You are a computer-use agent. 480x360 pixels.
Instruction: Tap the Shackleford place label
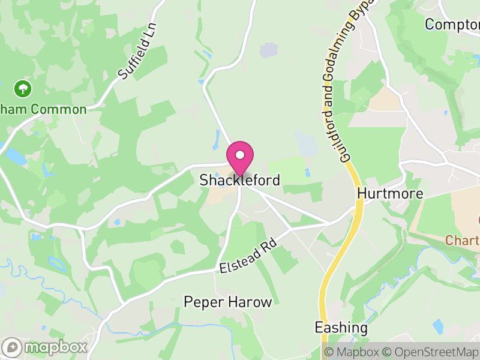[239, 180]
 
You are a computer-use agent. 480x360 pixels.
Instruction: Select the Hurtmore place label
[390, 194]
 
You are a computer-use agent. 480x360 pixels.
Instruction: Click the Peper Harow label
[228, 302]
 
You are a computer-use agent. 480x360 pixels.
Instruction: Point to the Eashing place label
[341, 328]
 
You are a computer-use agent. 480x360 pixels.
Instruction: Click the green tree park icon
[23, 89]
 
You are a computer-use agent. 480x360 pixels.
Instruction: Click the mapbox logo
[45, 347]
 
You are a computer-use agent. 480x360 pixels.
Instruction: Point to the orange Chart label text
[463, 241]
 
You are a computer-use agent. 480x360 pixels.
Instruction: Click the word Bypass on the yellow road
[359, 18]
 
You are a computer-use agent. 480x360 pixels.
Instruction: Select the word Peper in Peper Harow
[204, 302]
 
